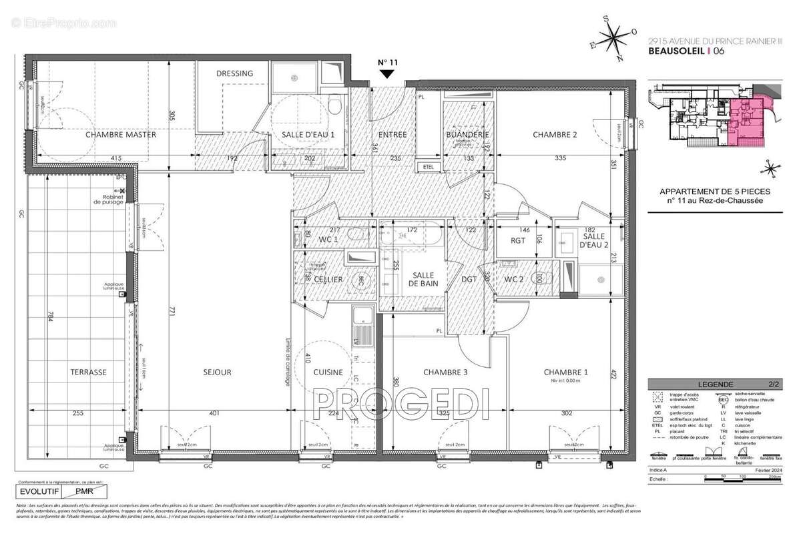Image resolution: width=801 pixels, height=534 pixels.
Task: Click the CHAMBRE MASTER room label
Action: (x=120, y=135)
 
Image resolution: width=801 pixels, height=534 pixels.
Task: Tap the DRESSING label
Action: (x=235, y=73)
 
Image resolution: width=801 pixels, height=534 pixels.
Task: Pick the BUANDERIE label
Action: (x=468, y=135)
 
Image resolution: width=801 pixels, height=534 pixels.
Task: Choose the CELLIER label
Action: (x=328, y=279)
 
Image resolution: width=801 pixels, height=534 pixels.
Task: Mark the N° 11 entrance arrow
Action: (x=387, y=71)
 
